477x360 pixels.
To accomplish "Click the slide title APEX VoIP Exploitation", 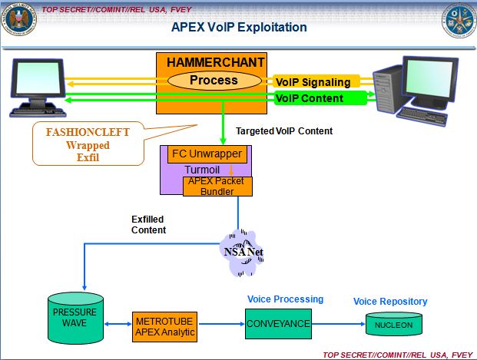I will [x=238, y=28].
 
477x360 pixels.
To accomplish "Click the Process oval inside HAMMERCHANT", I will [x=214, y=80].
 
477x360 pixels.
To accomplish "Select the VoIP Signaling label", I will [x=312, y=82].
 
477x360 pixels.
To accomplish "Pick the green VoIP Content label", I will [x=310, y=98].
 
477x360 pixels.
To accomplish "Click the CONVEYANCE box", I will [x=278, y=324].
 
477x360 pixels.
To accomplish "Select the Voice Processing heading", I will [x=285, y=299].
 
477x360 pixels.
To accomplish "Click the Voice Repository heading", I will [x=390, y=302].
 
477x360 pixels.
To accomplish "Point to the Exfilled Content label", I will [x=148, y=223].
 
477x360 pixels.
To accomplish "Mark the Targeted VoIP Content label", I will [x=283, y=131].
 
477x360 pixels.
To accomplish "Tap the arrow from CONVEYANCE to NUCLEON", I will [x=340, y=324].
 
